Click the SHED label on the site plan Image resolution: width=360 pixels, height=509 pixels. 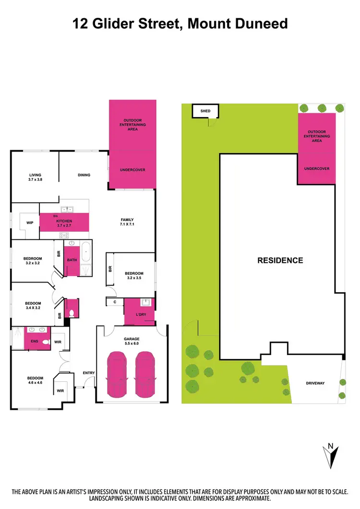(x=205, y=111)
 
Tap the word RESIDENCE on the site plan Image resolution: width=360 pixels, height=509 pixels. (x=280, y=260)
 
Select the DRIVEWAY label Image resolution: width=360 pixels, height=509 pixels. (x=315, y=384)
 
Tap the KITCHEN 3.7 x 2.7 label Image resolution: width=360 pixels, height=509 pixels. (x=64, y=223)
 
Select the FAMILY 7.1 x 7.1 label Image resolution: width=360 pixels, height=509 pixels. (x=127, y=222)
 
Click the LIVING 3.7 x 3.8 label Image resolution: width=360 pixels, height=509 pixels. (x=35, y=178)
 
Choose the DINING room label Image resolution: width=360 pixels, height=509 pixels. (x=84, y=175)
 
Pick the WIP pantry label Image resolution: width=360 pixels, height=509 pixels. (x=29, y=223)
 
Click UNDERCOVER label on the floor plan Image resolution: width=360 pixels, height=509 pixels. (x=132, y=170)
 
